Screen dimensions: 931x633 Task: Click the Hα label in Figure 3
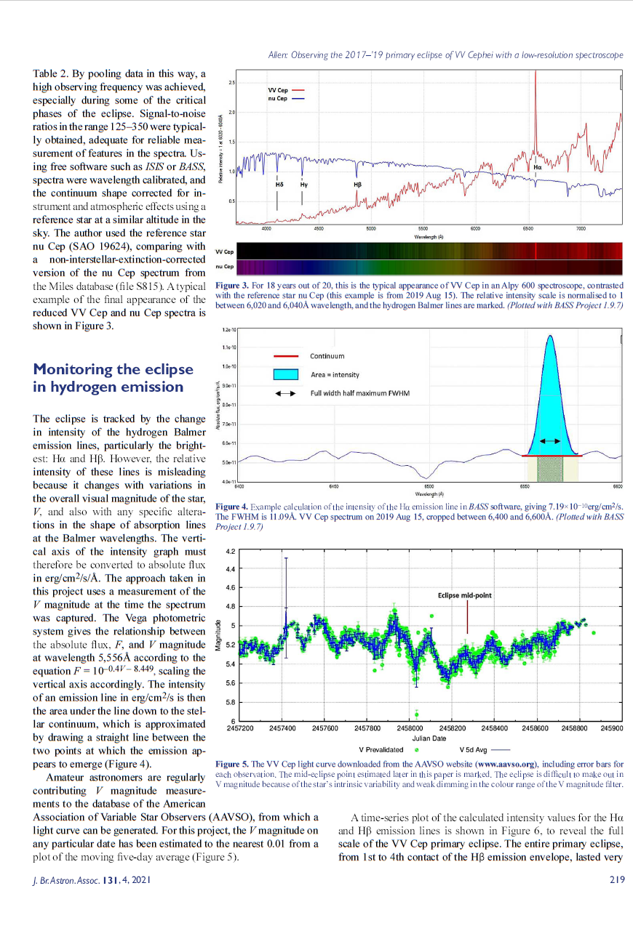point(537,167)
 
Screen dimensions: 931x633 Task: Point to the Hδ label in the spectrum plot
point(279,185)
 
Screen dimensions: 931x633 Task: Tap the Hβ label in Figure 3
point(357,185)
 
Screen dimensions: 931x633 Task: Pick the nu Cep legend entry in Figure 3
point(278,98)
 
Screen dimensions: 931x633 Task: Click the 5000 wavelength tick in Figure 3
point(370,229)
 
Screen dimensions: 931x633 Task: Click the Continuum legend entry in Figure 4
point(327,356)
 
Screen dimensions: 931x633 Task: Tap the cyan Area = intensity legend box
point(286,374)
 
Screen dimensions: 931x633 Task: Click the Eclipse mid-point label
point(465,595)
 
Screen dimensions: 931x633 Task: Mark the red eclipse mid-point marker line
point(466,618)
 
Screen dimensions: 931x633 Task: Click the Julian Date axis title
point(429,738)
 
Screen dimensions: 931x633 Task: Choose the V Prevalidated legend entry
point(381,749)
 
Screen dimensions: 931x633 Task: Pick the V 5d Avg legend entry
point(476,749)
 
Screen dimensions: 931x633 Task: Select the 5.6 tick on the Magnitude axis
point(228,683)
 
